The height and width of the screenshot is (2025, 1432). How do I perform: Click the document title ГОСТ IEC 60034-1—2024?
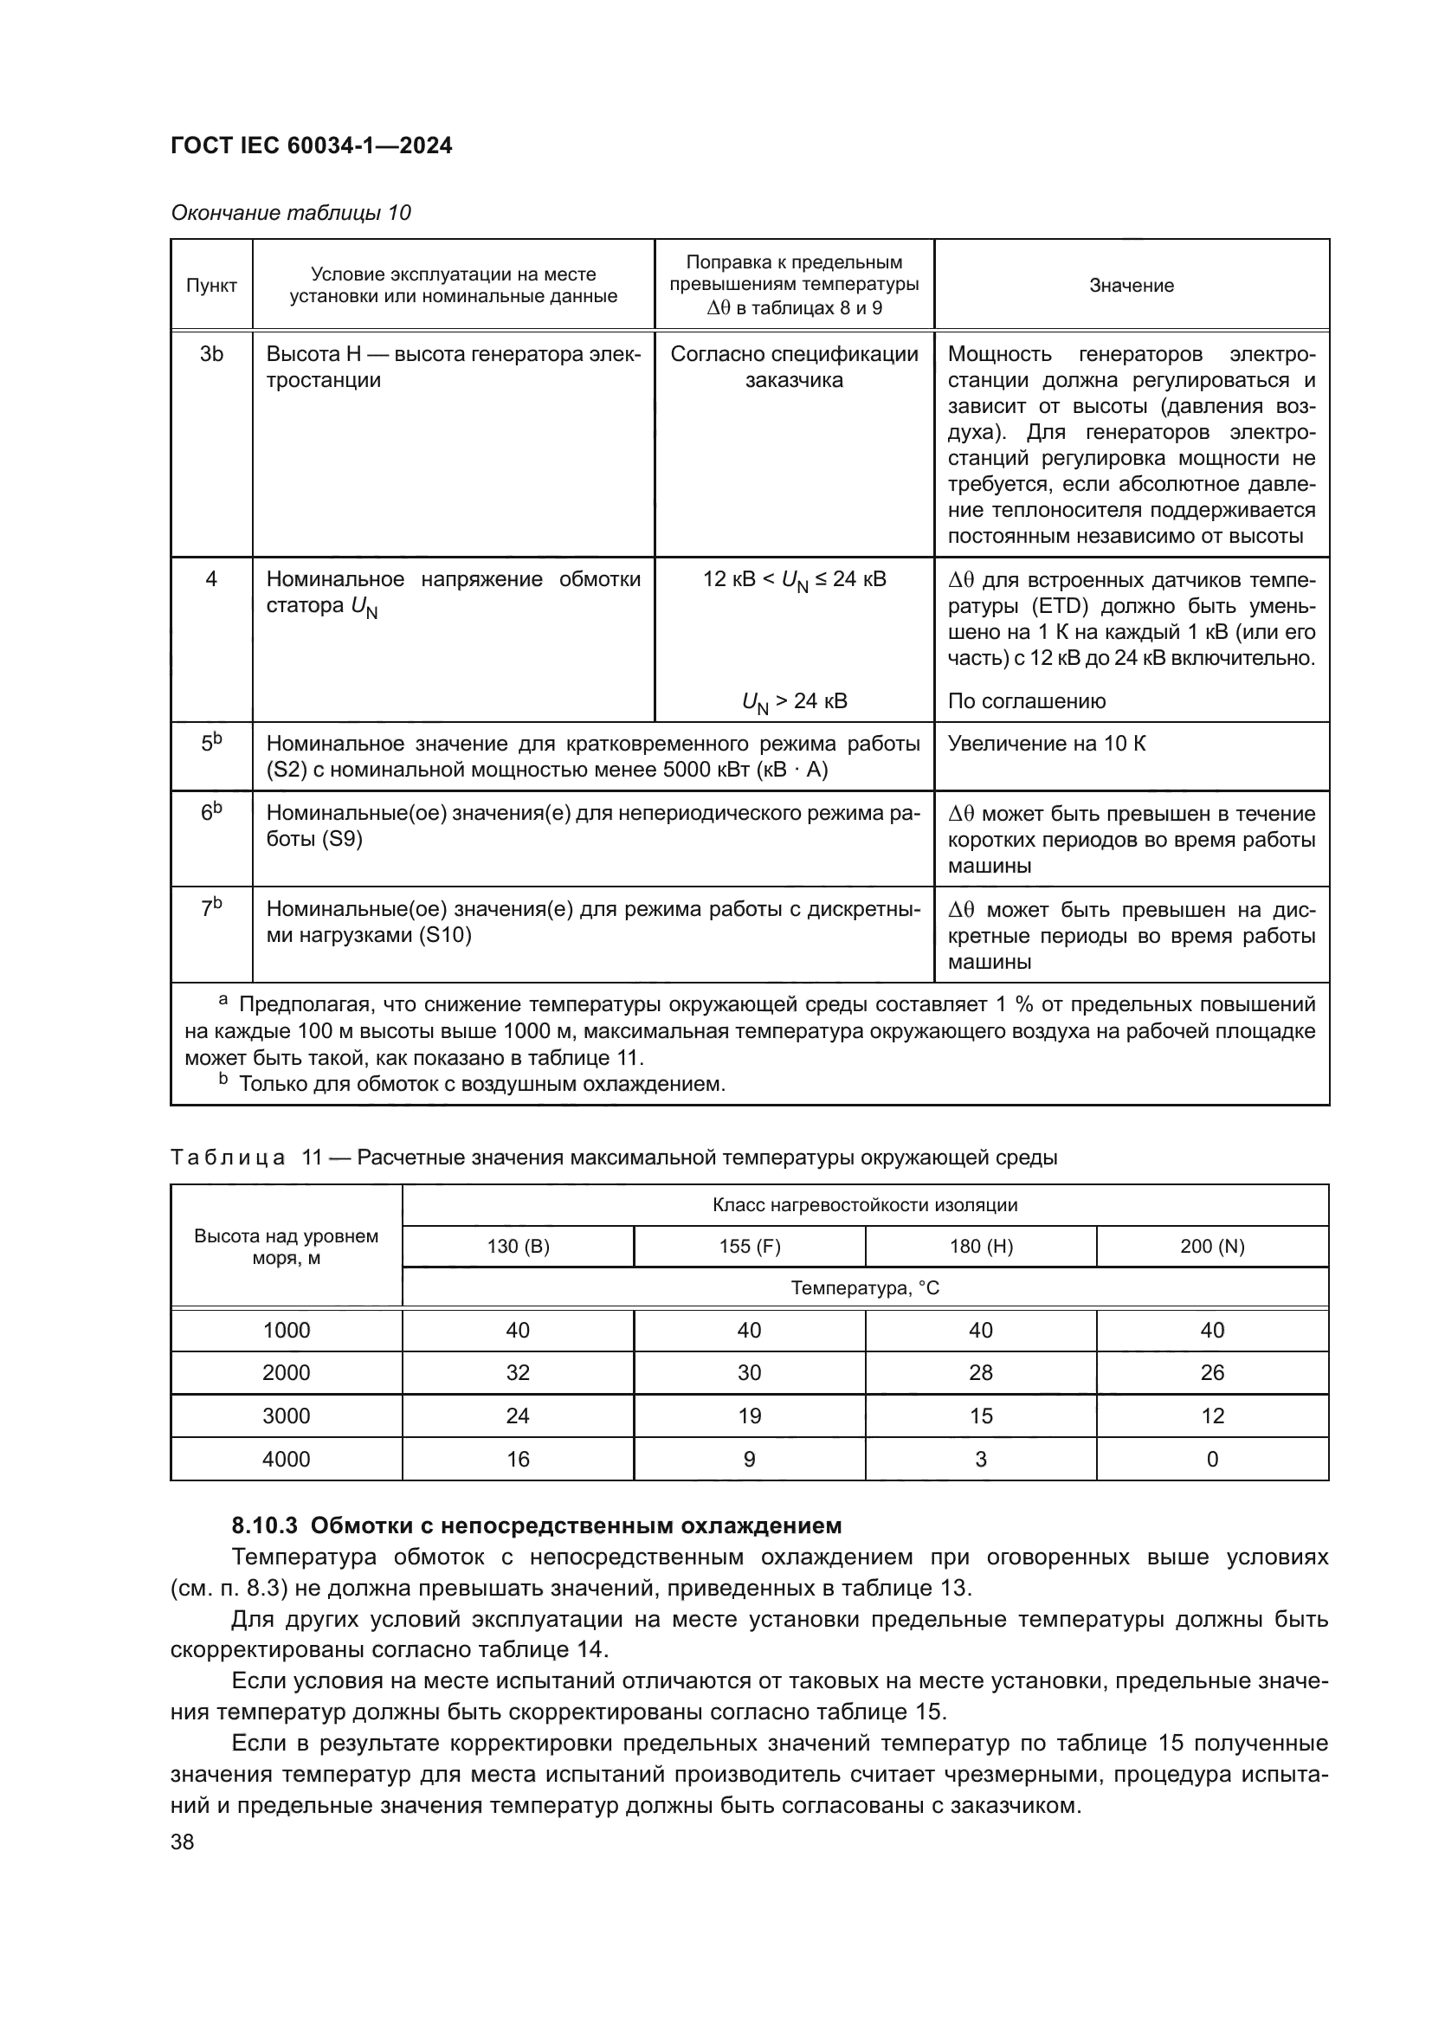(x=312, y=145)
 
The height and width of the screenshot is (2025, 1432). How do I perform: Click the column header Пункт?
(x=211, y=286)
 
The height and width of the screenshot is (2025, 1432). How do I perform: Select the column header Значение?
(x=1132, y=286)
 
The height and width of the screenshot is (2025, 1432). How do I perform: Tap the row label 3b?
(x=211, y=355)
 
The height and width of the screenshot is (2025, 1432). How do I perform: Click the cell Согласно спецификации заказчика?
(x=794, y=367)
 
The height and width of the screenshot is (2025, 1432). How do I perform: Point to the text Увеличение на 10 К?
(x=1047, y=744)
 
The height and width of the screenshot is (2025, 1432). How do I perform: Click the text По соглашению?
(x=1027, y=701)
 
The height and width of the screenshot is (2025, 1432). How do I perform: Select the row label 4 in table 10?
(x=211, y=579)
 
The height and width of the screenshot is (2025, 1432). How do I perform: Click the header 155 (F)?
(x=750, y=1246)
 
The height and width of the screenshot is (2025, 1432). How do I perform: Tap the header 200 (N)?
(x=1212, y=1246)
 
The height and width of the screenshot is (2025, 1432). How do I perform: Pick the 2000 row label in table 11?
(x=287, y=1372)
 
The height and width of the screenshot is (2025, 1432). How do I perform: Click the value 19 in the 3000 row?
(x=750, y=1416)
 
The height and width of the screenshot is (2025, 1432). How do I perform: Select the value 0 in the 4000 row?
(x=1212, y=1459)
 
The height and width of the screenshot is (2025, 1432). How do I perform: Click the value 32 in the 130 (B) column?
(x=518, y=1372)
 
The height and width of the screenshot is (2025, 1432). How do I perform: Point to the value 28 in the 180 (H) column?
(x=981, y=1372)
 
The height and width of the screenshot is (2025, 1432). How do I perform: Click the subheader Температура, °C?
(x=865, y=1288)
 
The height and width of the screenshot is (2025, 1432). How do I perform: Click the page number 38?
(x=183, y=1841)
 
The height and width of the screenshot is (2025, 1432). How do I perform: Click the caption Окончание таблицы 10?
(x=291, y=213)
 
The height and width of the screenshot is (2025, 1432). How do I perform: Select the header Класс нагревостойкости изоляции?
(x=865, y=1205)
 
